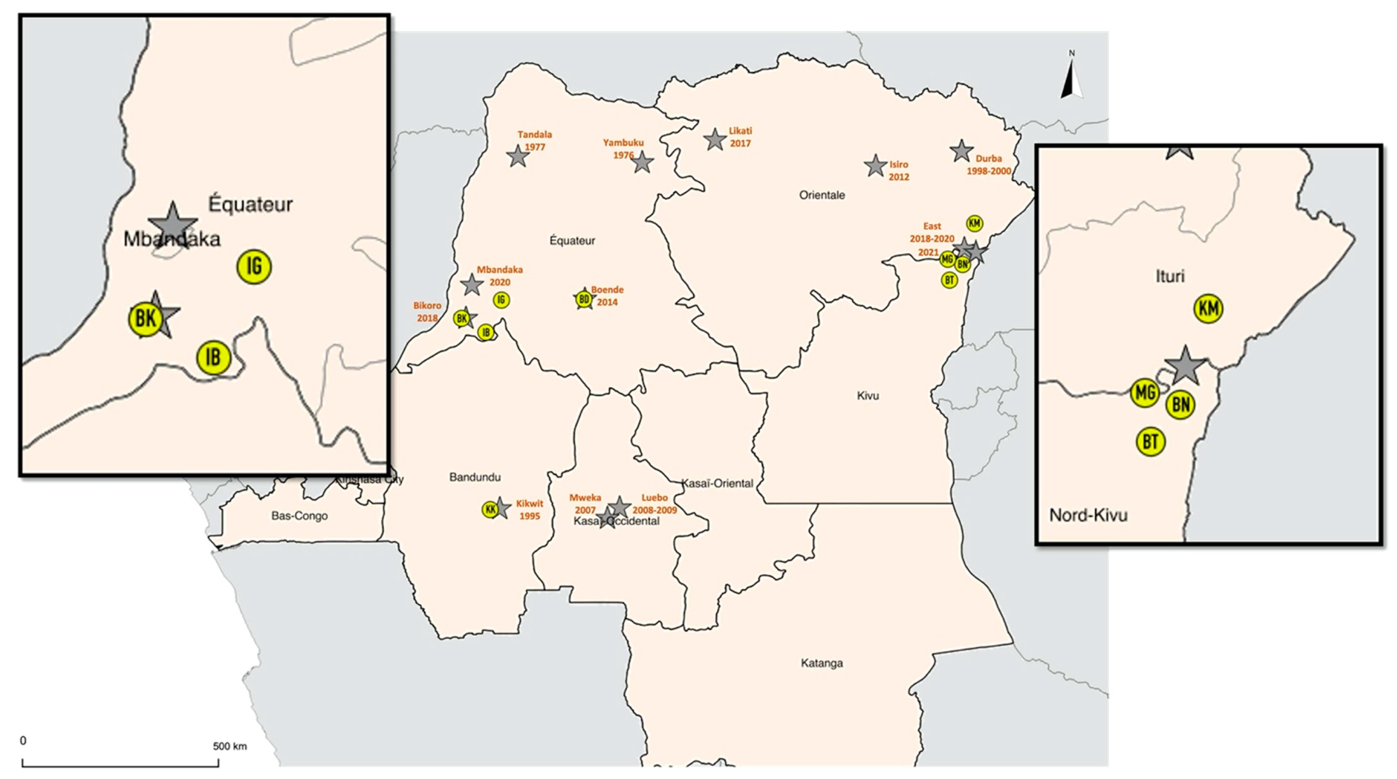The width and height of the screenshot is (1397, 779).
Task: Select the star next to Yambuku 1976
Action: click(x=643, y=162)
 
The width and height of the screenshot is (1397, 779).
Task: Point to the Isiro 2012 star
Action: click(x=875, y=166)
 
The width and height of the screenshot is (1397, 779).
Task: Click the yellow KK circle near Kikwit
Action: click(x=490, y=510)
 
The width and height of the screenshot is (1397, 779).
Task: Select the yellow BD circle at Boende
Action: click(x=583, y=299)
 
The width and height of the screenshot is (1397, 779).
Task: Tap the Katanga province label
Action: click(x=822, y=663)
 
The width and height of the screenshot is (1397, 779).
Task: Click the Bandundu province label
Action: click(x=474, y=477)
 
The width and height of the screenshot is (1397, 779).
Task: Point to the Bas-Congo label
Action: click(x=299, y=515)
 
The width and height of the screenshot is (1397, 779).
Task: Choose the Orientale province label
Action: click(x=822, y=195)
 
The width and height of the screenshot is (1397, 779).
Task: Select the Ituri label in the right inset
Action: click(x=1170, y=277)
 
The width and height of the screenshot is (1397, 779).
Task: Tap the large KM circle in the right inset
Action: click(x=1209, y=309)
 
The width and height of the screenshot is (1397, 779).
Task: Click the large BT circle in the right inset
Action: click(x=1150, y=442)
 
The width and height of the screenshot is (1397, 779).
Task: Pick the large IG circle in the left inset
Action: click(x=254, y=267)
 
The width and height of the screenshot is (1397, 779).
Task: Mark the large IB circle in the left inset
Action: click(x=213, y=357)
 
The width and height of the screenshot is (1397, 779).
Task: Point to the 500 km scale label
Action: click(x=229, y=746)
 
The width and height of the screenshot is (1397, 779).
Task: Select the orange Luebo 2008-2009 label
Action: click(x=654, y=504)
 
